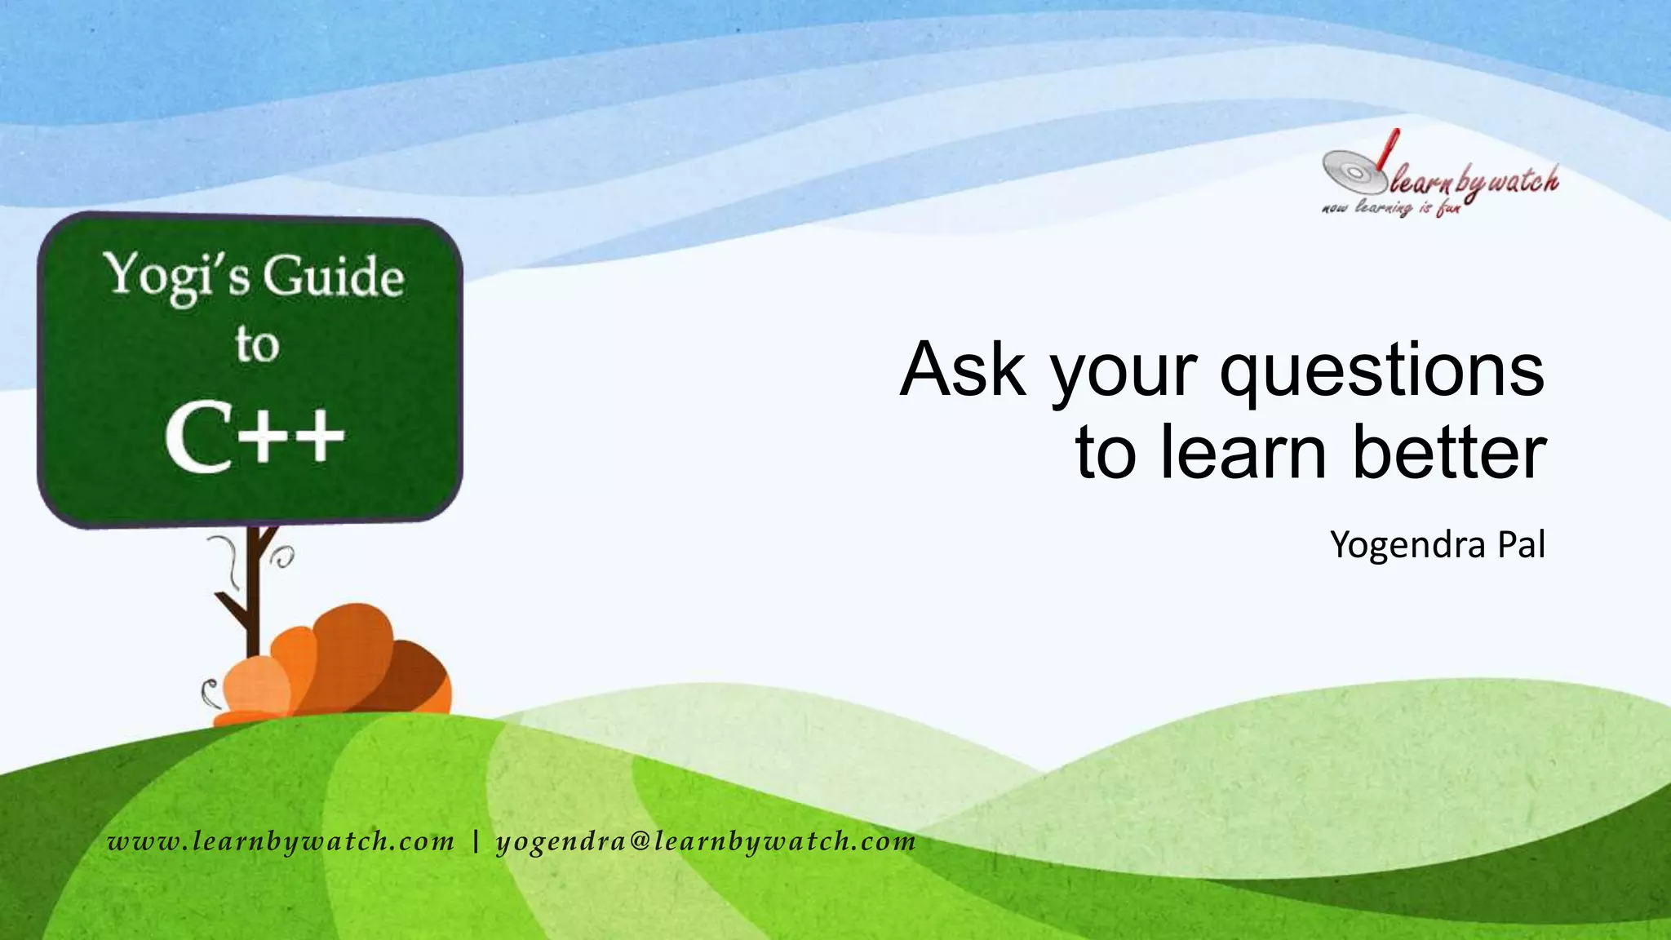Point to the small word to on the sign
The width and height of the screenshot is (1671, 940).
(x=257, y=344)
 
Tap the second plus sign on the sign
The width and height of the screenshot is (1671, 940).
(x=317, y=437)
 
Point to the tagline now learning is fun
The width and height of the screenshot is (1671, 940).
(x=1390, y=208)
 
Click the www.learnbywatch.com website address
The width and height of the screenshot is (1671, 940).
(x=281, y=841)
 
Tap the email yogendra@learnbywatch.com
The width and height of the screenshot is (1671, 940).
(x=706, y=841)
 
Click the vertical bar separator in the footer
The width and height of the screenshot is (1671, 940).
(x=476, y=841)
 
